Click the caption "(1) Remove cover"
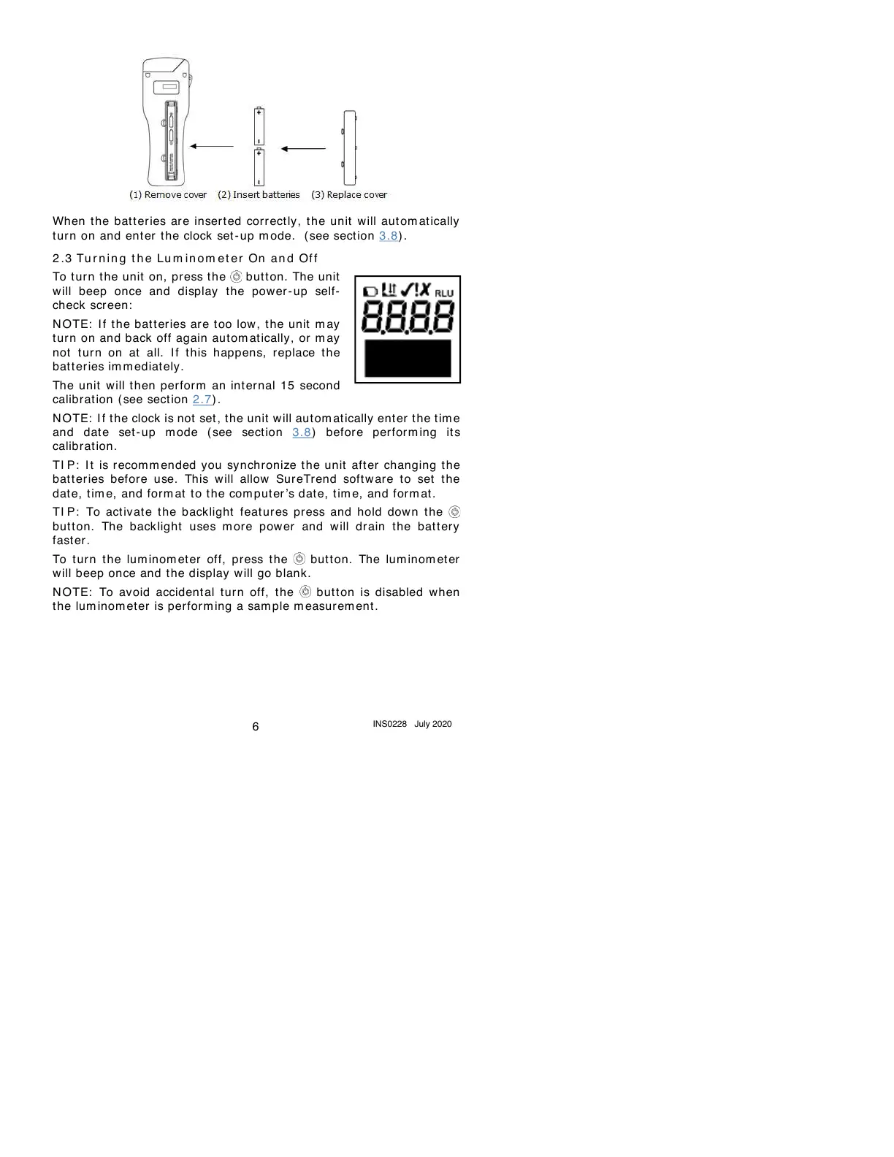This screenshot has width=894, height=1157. click(x=168, y=195)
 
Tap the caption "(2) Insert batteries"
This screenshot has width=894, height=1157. click(x=259, y=195)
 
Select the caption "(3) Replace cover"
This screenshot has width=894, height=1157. click(x=349, y=195)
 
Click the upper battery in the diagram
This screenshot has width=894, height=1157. click(x=259, y=126)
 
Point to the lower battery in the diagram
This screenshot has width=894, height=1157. click(x=259, y=167)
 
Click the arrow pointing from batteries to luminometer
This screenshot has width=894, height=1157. click(x=212, y=147)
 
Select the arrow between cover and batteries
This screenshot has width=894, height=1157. click(x=303, y=149)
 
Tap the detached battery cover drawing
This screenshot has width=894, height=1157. click(x=350, y=148)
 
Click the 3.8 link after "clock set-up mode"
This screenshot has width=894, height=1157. click(x=389, y=236)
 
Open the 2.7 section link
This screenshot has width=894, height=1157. click(x=202, y=400)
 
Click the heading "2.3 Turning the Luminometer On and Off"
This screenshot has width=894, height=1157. click(x=186, y=259)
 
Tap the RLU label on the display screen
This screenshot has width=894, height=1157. click(x=444, y=293)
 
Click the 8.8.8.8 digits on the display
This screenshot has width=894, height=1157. click(x=408, y=318)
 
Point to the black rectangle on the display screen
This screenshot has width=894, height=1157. click(x=408, y=358)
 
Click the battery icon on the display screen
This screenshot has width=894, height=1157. click(x=371, y=291)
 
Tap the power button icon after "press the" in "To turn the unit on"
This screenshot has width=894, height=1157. click(x=236, y=277)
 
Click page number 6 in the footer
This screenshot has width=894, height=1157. click(x=256, y=727)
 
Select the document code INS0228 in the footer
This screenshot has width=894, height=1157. click(x=389, y=724)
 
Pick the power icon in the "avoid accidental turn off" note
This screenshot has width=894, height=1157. click(x=305, y=592)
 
